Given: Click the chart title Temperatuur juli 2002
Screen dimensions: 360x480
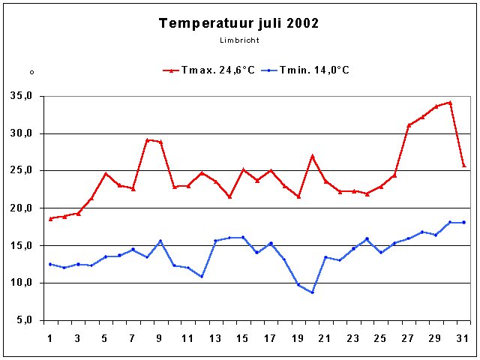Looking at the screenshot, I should (239, 23).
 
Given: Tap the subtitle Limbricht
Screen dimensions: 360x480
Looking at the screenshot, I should (239, 40).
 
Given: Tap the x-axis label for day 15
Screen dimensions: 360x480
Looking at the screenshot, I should (243, 338).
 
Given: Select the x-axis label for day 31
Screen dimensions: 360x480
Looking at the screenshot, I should (463, 338).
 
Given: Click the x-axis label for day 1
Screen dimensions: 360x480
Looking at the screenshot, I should (50, 338).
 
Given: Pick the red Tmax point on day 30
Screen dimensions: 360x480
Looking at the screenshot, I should (450, 102).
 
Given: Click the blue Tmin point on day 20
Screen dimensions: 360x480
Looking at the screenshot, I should (312, 292).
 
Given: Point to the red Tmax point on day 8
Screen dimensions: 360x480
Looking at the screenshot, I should (147, 139).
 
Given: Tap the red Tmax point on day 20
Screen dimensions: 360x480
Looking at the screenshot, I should (312, 156).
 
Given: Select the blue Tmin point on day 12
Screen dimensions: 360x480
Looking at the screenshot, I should (202, 277).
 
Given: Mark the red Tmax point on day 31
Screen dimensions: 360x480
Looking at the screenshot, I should (463, 165).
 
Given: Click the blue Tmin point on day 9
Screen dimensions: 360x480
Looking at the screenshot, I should (160, 241).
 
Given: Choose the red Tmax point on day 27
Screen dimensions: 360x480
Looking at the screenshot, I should (409, 125).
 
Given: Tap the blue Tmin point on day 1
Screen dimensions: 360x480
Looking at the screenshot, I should (50, 264).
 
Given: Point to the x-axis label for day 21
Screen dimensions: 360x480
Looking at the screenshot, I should (325, 338).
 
